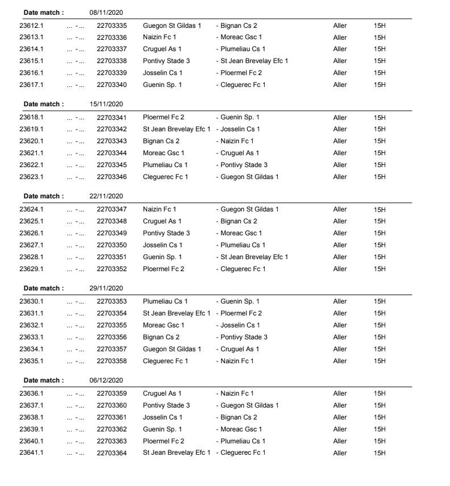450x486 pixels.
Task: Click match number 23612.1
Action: (31, 26)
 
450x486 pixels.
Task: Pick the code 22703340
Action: (111, 85)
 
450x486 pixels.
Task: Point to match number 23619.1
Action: (31, 129)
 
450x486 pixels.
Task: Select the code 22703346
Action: (111, 177)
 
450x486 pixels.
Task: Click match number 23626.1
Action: (31, 233)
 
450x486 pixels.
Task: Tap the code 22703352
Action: (111, 269)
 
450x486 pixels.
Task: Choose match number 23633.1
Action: (31, 337)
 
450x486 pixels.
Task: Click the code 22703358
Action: (111, 361)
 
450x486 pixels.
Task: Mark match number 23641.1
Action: (31, 452)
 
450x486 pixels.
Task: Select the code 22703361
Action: (111, 417)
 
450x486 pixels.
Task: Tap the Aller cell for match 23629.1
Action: (340, 269)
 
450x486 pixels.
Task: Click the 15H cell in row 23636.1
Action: (380, 393)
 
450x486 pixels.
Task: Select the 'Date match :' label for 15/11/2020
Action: (44, 104)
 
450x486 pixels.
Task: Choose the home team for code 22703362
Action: (162, 429)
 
